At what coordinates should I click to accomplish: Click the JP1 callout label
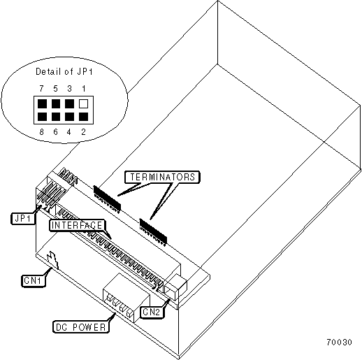pos(23,219)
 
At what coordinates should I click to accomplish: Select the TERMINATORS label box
pos(162,177)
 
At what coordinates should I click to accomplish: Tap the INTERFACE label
pos(77,225)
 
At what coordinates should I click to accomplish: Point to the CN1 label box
pos(33,280)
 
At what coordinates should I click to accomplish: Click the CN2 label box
pos(152,312)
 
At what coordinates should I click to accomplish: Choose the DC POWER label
pos(81,327)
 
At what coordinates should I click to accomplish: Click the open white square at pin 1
pos(83,103)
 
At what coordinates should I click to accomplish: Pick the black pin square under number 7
pos(42,103)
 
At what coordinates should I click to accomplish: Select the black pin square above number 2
pos(83,117)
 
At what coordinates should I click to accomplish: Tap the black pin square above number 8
pos(42,117)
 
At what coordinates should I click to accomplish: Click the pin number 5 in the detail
pos(55,89)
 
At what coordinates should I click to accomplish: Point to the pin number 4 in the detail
pos(68,132)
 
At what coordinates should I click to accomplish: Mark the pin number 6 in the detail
pos(55,132)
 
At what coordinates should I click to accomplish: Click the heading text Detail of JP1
pos(64,71)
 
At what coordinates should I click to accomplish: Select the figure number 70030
pos(339,343)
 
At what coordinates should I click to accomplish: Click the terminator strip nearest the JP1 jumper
pos(107,199)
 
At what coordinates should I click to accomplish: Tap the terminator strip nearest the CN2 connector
pos(153,232)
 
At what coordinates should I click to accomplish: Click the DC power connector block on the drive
pos(126,298)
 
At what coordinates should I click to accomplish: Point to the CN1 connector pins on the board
pos(53,260)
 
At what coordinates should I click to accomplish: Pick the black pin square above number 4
pos(69,117)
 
